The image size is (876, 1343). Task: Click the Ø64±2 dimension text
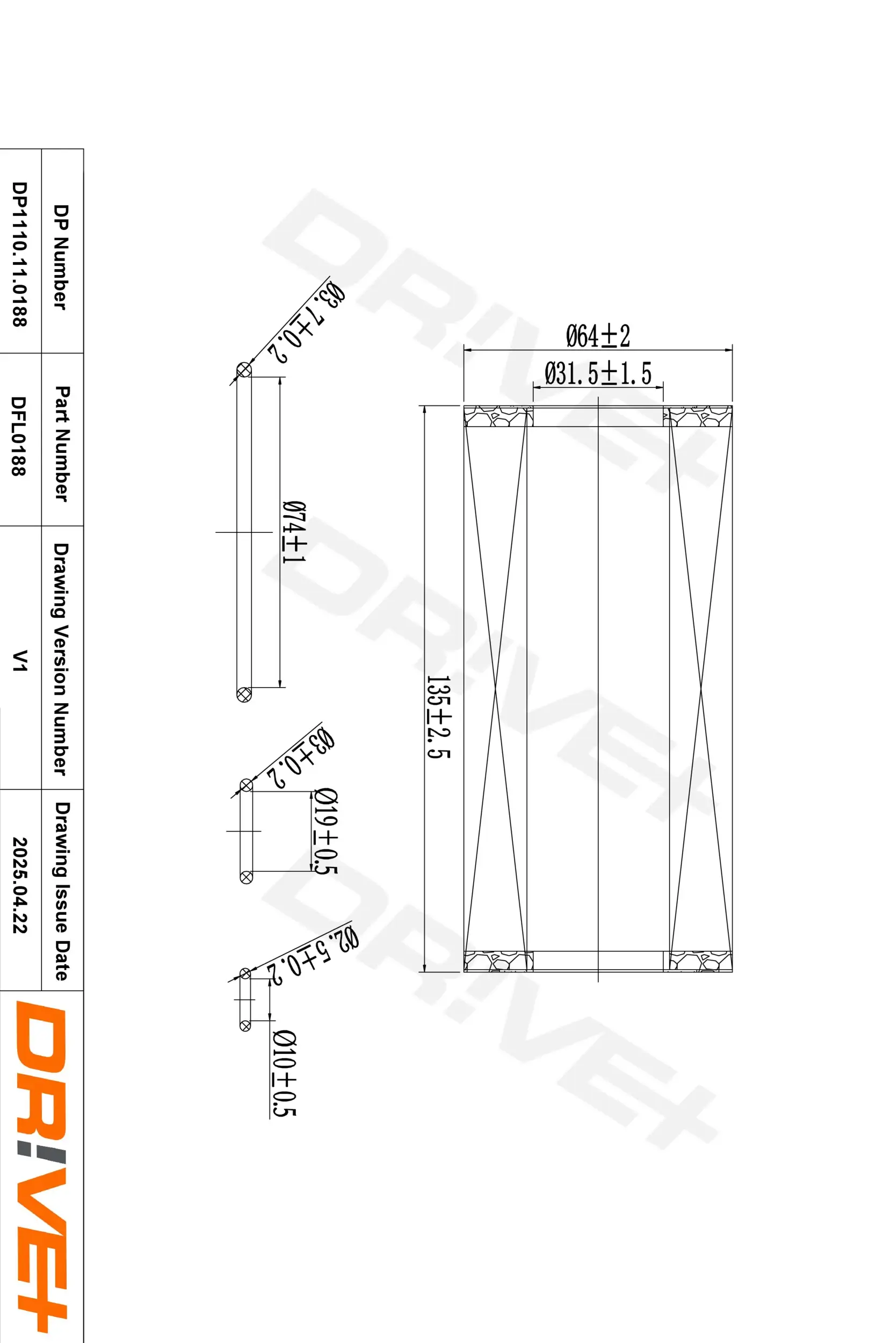(x=597, y=336)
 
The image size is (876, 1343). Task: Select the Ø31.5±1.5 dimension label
(x=597, y=373)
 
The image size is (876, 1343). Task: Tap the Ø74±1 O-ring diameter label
(x=294, y=531)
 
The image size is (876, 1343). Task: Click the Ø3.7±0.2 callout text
(x=307, y=323)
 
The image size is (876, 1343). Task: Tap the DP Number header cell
(x=62, y=257)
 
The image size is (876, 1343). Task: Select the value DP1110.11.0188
(x=20, y=254)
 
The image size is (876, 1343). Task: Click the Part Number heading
(x=62, y=443)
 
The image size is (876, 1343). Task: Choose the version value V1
(x=20, y=660)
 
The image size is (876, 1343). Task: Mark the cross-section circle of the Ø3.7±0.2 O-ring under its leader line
(x=244, y=371)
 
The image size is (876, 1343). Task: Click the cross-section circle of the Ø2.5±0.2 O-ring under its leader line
(x=245, y=974)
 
